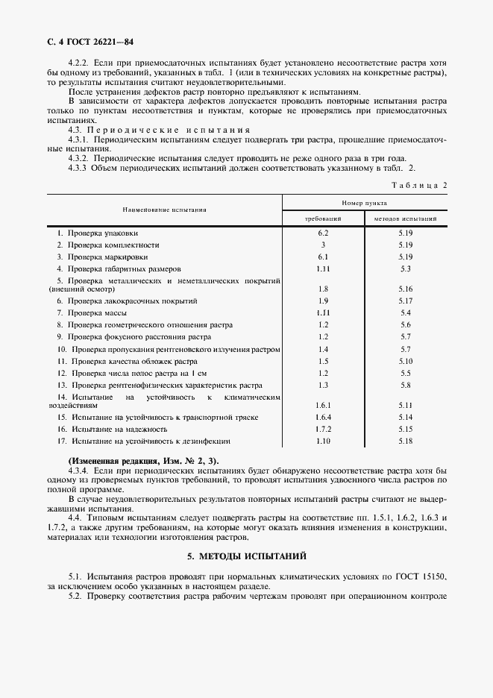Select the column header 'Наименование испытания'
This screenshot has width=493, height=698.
[165, 210]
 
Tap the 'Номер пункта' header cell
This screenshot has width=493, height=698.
[364, 202]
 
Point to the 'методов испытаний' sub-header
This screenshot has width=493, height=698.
[406, 219]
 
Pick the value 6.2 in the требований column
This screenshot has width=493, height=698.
[323, 233]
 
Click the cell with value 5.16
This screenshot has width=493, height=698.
[406, 288]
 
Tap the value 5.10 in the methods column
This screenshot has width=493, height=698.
[406, 361]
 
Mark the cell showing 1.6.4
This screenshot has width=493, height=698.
[323, 417]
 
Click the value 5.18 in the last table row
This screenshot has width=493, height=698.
[406, 441]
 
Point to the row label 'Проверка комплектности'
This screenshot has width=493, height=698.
[109, 245]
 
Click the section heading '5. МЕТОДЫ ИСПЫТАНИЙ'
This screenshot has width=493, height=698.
[246, 556]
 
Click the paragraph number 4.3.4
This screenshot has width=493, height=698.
[78, 471]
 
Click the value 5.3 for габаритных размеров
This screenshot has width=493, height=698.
[406, 268]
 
